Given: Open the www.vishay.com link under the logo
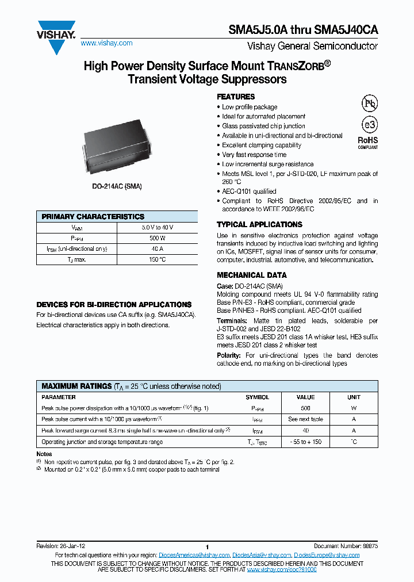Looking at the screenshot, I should tap(106, 43).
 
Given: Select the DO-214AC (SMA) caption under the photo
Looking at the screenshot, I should tap(117, 187).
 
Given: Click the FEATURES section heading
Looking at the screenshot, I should tap(236, 97).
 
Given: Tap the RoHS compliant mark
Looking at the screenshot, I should tap(368, 142).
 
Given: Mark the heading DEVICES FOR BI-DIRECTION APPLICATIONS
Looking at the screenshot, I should tap(114, 304).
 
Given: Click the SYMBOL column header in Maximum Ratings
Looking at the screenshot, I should tap(257, 397).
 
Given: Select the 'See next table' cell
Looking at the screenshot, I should tap(305, 419).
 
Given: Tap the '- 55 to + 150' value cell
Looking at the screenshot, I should tap(305, 442).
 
